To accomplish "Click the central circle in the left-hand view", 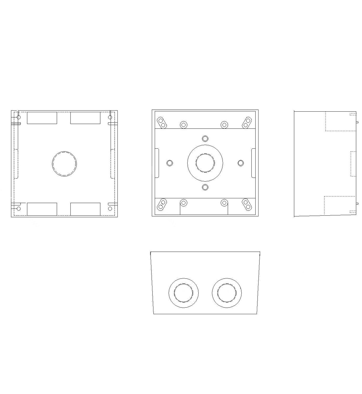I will pyautogui.click(x=64, y=163).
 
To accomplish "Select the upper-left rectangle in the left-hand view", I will pyautogui.click(x=42, y=118).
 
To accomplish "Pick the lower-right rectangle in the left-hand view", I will pyautogui.click(x=85, y=209).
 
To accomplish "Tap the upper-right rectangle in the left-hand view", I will pyautogui.click(x=85, y=118).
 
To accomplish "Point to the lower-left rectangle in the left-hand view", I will pyautogui.click(x=42, y=209).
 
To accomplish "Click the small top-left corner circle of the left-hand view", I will pyautogui.click(x=18, y=117).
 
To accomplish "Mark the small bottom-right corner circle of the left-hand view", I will pyautogui.click(x=110, y=208).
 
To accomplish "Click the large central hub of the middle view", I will pyautogui.click(x=205, y=163).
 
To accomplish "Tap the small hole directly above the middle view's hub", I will pyautogui.click(x=205, y=138).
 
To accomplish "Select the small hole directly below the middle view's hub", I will pyautogui.click(x=205, y=187).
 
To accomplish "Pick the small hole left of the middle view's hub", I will pyautogui.click(x=170, y=163).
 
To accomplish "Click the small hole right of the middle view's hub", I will pyautogui.click(x=241, y=163).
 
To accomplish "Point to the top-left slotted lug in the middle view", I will pyautogui.click(x=162, y=122).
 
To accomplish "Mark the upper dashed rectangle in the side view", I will pyautogui.click(x=340, y=121).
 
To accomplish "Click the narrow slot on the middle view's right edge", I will pyautogui.click(x=253, y=163).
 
